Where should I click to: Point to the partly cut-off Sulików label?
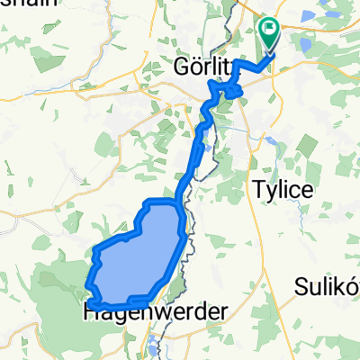click(328, 286)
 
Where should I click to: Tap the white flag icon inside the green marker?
click(269, 31)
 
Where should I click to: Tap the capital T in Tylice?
click(255, 190)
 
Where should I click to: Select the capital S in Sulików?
click(301, 286)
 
